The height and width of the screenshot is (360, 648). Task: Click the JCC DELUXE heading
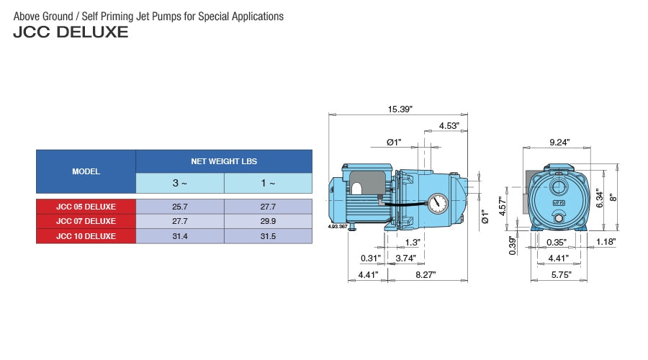(x=71, y=32)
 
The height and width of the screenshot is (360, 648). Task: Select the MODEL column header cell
(x=86, y=172)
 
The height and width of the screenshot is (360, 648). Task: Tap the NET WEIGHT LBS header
(x=224, y=161)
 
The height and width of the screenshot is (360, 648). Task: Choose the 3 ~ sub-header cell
(x=180, y=183)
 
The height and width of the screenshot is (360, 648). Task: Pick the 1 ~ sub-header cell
(x=268, y=183)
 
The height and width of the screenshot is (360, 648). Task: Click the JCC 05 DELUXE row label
(x=86, y=207)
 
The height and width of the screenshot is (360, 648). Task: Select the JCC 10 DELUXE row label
(x=86, y=235)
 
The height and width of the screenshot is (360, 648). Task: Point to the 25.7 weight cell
(x=180, y=207)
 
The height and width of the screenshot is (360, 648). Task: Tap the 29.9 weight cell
(x=268, y=221)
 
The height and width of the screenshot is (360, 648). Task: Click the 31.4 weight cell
(x=180, y=235)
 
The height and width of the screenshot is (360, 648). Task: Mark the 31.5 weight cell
(x=268, y=235)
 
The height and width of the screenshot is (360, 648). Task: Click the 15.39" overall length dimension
(x=400, y=109)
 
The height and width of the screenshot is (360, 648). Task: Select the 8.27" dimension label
(x=426, y=274)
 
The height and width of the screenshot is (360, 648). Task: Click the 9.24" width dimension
(x=559, y=143)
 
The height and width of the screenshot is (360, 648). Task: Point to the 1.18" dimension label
(x=606, y=243)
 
